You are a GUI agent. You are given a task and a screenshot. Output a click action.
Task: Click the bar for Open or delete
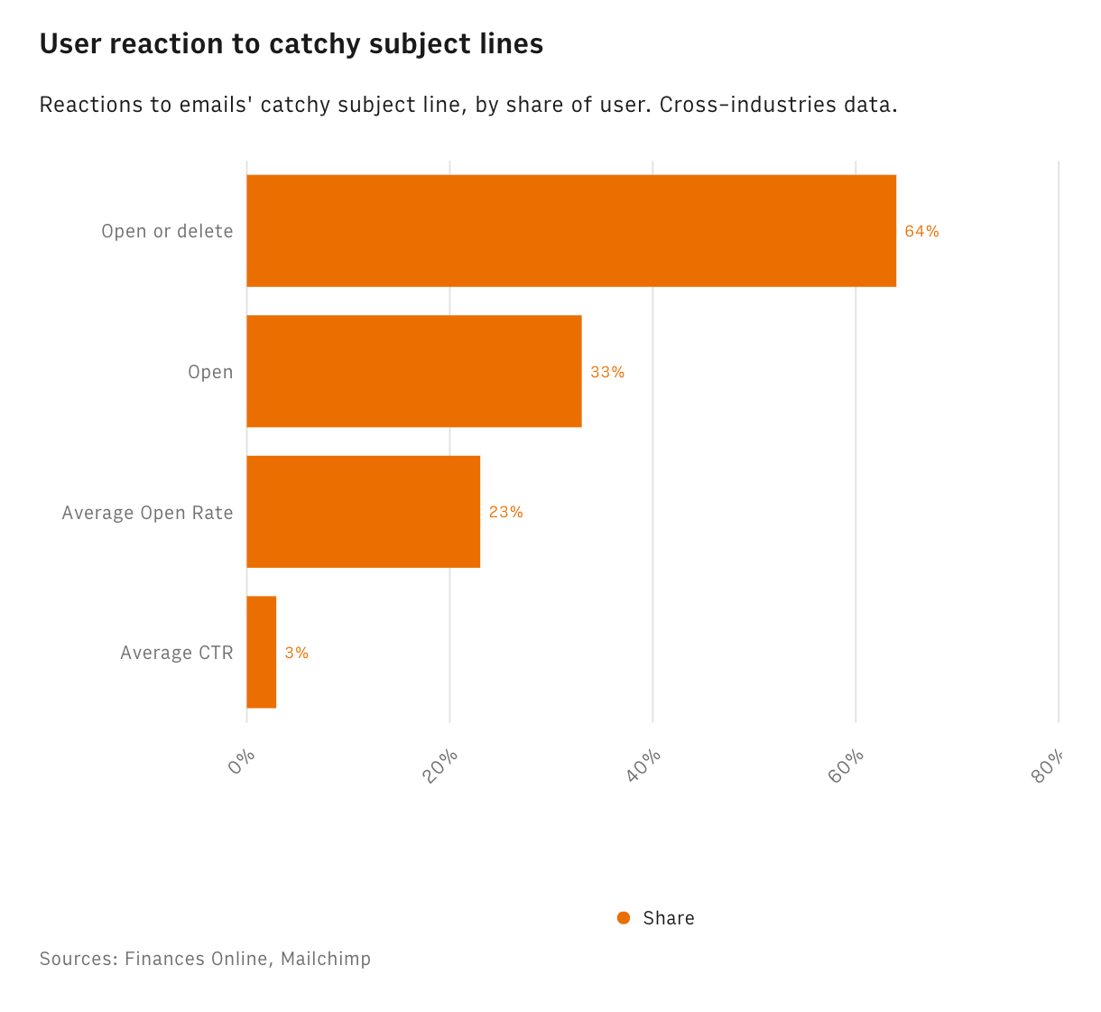(571, 231)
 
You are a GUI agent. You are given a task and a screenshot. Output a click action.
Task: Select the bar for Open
(413, 371)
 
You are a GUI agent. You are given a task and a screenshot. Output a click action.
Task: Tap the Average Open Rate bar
(363, 512)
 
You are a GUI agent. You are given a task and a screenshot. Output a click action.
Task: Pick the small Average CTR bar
(262, 652)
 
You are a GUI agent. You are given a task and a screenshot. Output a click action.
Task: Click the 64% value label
(921, 231)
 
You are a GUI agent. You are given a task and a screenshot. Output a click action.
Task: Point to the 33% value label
(606, 372)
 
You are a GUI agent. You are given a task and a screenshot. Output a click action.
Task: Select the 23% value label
(505, 512)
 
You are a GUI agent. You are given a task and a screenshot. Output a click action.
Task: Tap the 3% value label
(296, 653)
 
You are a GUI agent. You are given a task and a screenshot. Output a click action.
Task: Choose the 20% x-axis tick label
(441, 766)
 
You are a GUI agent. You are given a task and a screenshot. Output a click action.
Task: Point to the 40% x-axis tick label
(644, 766)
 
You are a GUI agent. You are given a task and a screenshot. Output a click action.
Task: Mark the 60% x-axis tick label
(847, 766)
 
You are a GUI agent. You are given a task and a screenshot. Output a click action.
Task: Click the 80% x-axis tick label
(1050, 766)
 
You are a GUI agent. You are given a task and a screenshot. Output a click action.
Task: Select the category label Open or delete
(167, 231)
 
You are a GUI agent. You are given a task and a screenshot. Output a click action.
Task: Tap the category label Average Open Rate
(147, 513)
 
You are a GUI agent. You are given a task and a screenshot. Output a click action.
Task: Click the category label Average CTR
(176, 653)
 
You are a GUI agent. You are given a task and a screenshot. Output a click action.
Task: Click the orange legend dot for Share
(624, 918)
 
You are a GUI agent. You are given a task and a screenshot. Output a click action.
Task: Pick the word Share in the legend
(669, 918)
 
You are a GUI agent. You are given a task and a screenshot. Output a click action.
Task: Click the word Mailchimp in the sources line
(325, 959)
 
